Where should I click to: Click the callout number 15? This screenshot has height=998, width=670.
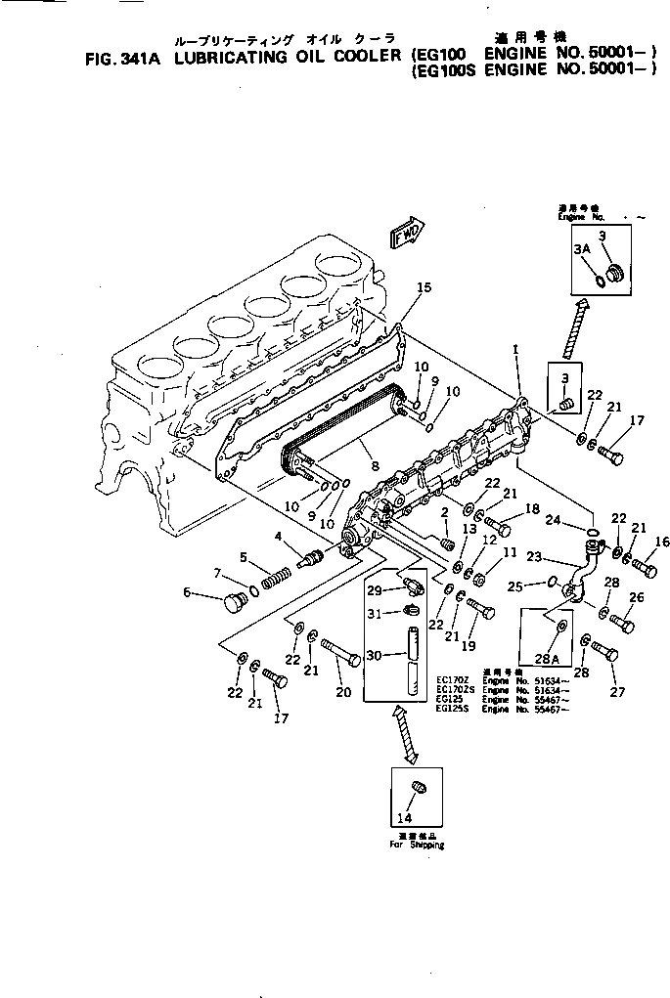tap(423, 287)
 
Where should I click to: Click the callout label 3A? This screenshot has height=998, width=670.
tap(582, 250)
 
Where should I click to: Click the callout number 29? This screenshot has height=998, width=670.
tap(374, 589)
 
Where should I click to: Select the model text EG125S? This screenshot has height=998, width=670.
tap(451, 709)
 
